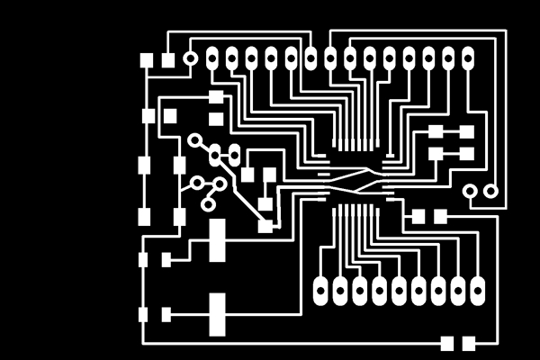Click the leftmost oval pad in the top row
coord(212,59)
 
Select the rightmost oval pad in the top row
coord(468,59)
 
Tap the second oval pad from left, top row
coord(232,59)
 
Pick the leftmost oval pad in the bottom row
coord(320,290)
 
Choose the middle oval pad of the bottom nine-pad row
coord(399,290)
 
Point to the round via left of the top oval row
coord(190,59)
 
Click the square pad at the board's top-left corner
coord(147,60)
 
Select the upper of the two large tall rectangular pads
coord(217,240)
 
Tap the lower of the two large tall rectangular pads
coord(217,314)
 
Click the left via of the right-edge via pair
coord(471,191)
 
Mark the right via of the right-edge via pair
coord(490,191)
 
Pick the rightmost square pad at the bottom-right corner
coord(469,343)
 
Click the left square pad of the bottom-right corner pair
coord(447,343)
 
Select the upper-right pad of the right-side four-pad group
coord(467,131)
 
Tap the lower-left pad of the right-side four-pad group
coord(436,154)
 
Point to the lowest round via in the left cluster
coord(208,204)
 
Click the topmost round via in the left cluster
coord(194,139)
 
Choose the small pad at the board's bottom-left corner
coord(143,314)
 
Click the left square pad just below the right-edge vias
coord(418,216)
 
